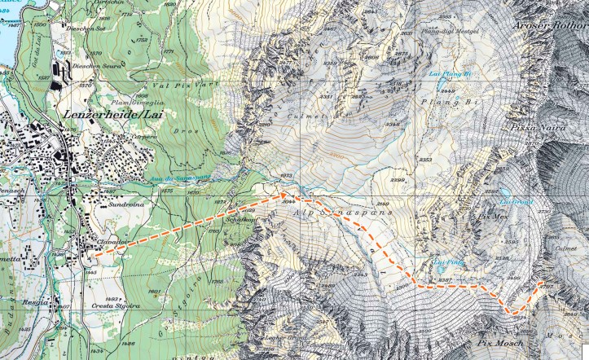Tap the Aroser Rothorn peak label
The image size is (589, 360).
pos(550,24)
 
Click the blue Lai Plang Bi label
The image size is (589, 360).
pos(450,73)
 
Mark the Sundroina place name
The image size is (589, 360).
pos(125,207)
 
